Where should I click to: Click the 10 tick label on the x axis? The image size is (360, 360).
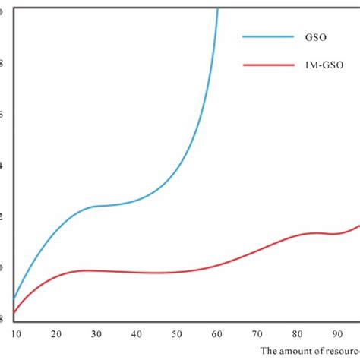[x=15, y=333]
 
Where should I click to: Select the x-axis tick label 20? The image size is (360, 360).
[x=56, y=333]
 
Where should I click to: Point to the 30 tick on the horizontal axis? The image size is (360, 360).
[x=96, y=333]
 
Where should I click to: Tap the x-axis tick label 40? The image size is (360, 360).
[x=137, y=333]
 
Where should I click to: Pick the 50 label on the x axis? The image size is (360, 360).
[x=177, y=333]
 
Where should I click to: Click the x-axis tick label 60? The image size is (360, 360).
[x=217, y=333]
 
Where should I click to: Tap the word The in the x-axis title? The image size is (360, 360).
[x=269, y=351]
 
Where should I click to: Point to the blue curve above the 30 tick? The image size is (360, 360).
[x=96, y=206]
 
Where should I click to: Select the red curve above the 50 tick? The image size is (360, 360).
[x=177, y=271]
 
